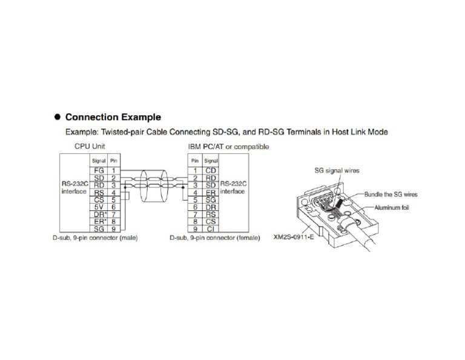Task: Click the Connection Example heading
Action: tap(113, 117)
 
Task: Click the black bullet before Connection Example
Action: tap(58, 117)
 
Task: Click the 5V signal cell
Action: tap(100, 207)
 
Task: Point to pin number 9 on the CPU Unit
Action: tap(113, 228)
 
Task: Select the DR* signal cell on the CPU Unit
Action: tap(100, 214)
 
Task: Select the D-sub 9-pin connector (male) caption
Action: tap(96, 238)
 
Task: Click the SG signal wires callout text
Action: tap(336, 170)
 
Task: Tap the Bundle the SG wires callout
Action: tap(391, 195)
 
